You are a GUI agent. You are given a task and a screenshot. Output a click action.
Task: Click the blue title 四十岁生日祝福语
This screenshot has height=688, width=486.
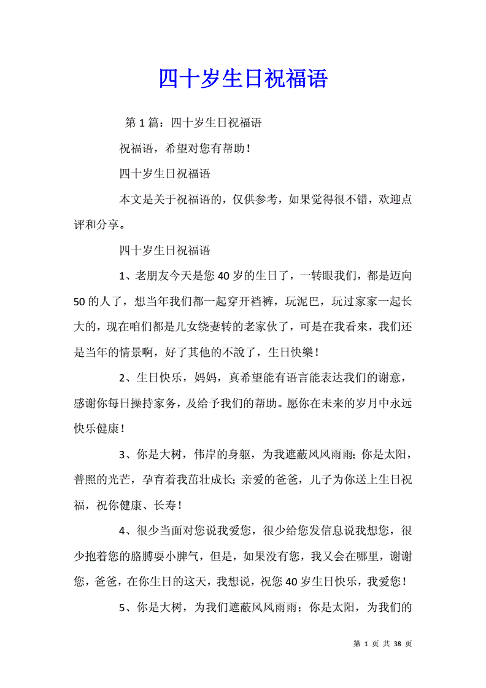coord(243,79)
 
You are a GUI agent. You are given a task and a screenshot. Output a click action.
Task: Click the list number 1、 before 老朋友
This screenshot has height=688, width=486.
coord(126,276)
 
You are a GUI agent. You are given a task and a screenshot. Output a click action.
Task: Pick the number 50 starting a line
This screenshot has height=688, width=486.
coord(79,302)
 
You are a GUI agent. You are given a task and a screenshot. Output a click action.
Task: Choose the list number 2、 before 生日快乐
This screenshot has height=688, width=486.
coord(126,378)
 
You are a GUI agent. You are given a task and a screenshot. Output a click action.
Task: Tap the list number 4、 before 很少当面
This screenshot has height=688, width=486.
coord(126,531)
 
